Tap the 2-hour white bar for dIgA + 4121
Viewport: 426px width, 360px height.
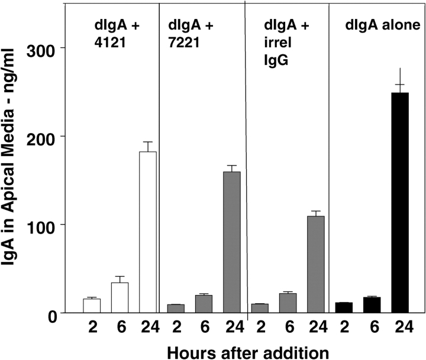92,306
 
